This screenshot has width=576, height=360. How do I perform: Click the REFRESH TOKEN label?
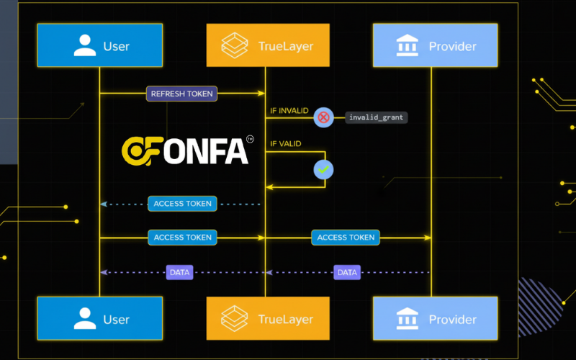click(182, 94)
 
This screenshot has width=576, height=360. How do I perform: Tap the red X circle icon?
click(323, 117)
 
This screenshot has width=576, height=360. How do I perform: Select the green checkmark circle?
click(323, 169)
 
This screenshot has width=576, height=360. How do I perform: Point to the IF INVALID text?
click(289, 111)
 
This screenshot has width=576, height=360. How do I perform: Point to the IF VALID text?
click(286, 144)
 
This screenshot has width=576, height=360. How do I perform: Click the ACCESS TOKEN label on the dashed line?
click(183, 204)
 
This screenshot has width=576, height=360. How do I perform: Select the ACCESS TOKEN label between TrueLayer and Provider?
click(346, 237)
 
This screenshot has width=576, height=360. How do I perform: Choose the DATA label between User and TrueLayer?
click(180, 272)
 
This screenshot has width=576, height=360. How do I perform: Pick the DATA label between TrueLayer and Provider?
click(347, 272)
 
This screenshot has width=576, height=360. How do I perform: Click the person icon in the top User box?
click(85, 45)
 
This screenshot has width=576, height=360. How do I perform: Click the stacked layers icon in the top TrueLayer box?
click(235, 45)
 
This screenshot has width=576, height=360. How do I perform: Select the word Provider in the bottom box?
click(453, 319)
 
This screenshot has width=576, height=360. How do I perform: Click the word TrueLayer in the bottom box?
click(285, 319)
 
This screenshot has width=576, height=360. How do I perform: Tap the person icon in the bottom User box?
click(85, 318)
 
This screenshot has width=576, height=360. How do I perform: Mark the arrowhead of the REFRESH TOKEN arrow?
click(261, 94)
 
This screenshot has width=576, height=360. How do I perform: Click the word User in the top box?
click(116, 46)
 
